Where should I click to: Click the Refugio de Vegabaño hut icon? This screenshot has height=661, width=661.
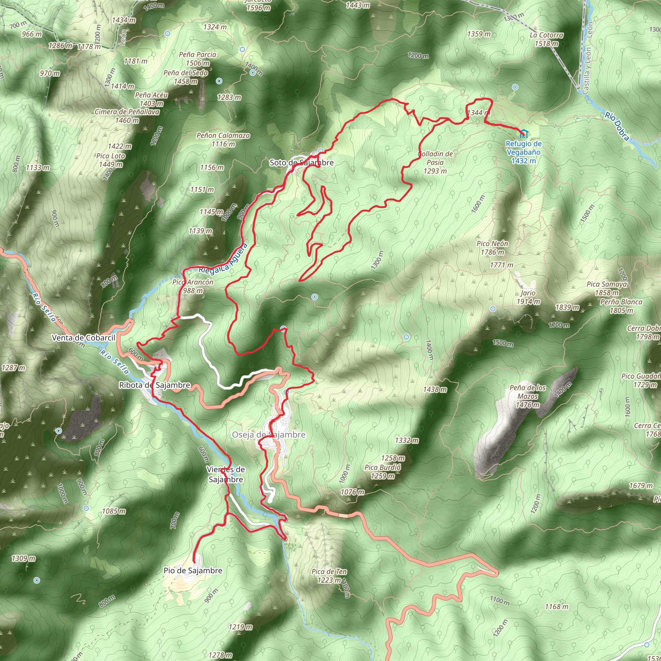tap(524, 133)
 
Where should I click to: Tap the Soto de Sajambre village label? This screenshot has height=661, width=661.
tap(301, 163)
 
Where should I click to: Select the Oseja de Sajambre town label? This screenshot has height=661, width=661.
tap(269, 434)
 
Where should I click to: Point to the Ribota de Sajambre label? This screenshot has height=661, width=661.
tap(154, 385)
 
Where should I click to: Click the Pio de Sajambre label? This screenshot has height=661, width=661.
tap(193, 570)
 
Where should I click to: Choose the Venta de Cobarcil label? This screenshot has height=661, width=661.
tap(84, 338)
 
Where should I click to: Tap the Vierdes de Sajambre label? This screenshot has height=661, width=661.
tap(226, 474)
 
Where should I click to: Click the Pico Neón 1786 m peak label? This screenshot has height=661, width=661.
tap(492, 248)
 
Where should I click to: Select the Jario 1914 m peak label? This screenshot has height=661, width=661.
tap(528, 297)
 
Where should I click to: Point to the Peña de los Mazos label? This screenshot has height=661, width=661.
tap(528, 396)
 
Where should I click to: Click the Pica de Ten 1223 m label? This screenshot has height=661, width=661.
tap(329, 575)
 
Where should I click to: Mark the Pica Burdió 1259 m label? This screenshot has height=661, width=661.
tap(382, 472)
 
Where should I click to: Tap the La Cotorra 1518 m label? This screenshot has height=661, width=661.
tap(546, 39)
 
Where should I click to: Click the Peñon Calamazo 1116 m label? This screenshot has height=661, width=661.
tap(223, 139)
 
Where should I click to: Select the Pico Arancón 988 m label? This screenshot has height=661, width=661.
tap(193, 286)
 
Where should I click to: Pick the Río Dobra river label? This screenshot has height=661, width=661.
tap(617, 126)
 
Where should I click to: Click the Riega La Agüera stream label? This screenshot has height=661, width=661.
tap(223, 260)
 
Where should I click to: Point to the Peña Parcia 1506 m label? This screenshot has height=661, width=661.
tap(198, 58)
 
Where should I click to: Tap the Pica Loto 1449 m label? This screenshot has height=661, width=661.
tap(111, 160)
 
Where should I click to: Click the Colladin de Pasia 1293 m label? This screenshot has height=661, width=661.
tap(435, 163)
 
